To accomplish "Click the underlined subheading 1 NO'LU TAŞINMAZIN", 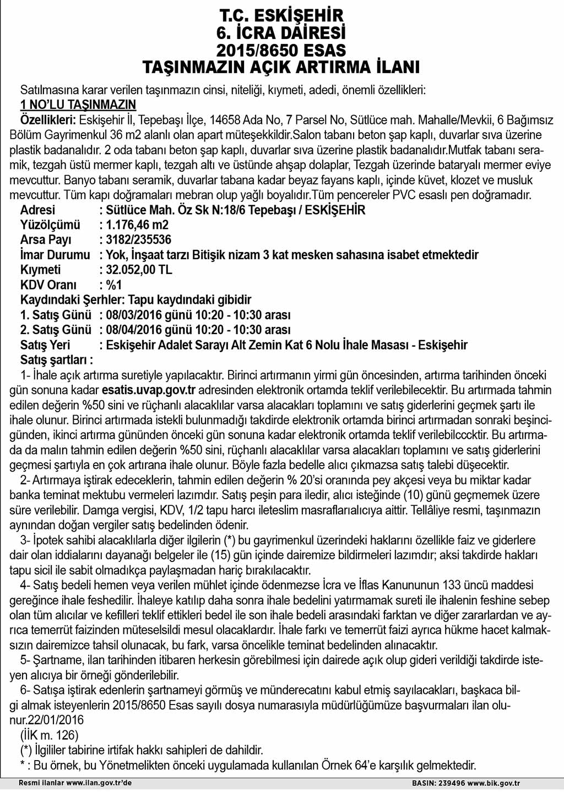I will point(78,105).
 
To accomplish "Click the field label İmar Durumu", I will point(55,255).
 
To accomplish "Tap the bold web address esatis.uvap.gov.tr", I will point(149,390).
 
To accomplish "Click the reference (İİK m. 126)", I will point(49,735).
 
